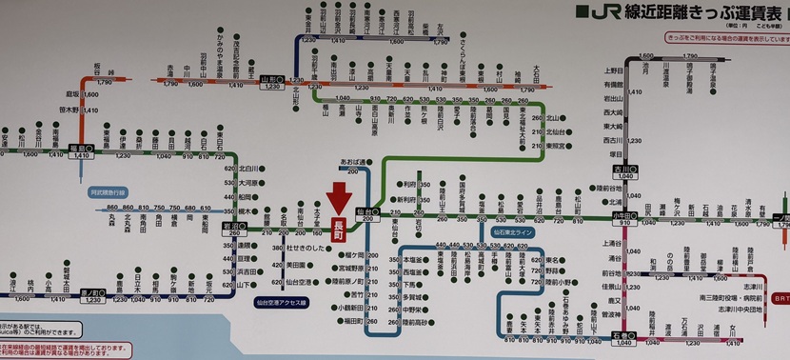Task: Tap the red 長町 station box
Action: (338, 230)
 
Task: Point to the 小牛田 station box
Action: (624, 217)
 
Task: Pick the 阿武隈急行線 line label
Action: (113, 191)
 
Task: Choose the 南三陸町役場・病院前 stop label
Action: (737, 297)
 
